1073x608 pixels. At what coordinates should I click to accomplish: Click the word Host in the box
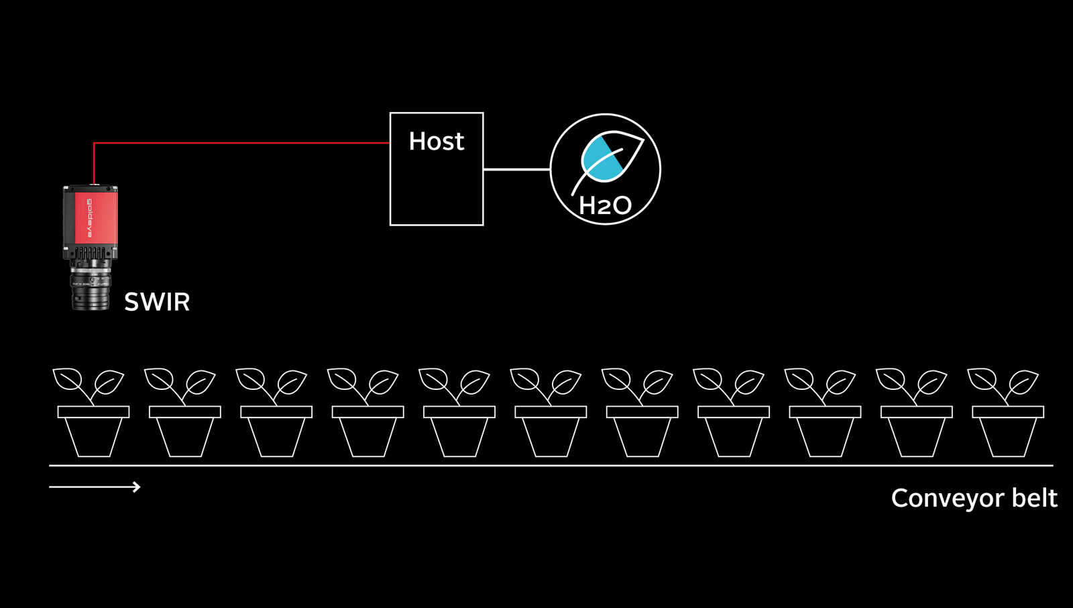point(436,142)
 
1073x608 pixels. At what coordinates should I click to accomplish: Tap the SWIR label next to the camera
point(157,302)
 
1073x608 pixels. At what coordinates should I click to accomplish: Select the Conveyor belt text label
point(974,498)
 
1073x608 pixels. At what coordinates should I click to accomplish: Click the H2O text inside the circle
point(605,205)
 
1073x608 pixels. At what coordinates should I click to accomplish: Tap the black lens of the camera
point(91,289)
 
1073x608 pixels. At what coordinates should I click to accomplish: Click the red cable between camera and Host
point(241,143)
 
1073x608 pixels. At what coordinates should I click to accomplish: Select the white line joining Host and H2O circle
point(516,169)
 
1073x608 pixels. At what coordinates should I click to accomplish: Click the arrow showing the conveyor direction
point(95,487)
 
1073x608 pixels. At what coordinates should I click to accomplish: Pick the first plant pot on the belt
point(93,433)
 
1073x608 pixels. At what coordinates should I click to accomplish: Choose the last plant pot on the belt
point(1008,433)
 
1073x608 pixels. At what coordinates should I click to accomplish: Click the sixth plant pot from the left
point(551,433)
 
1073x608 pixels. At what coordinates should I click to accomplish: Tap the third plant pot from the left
point(276,433)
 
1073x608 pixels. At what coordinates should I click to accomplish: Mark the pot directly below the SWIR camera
point(93,433)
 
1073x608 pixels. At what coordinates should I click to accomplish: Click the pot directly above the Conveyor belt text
point(1008,433)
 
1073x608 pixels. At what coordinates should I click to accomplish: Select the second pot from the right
point(916,433)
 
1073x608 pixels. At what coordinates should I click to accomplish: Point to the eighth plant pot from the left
point(734,433)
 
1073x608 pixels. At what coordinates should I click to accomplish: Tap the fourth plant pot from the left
point(368,433)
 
